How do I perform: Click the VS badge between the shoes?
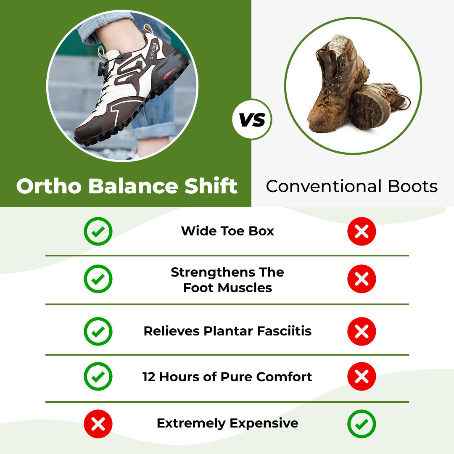tap(252, 120)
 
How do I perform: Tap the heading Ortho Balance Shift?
tap(127, 186)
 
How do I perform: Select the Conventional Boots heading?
tap(351, 186)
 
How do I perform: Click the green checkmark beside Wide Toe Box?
tap(98, 231)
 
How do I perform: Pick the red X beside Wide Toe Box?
tap(362, 231)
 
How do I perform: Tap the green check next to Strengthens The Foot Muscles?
tap(98, 279)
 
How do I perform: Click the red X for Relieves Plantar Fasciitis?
tap(362, 331)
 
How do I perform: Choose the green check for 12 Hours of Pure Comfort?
tap(98, 377)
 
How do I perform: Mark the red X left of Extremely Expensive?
tap(98, 424)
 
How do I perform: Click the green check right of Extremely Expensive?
tap(362, 424)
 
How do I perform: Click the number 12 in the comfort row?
tap(149, 377)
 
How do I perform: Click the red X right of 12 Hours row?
tap(362, 377)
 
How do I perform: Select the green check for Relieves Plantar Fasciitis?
tap(98, 331)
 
